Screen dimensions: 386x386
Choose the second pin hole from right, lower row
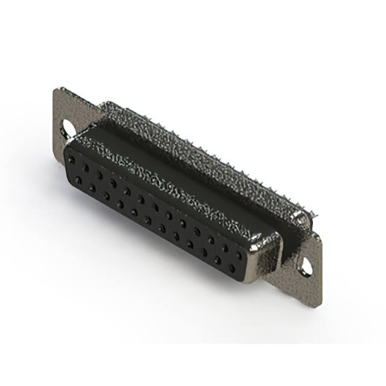[217, 259]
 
